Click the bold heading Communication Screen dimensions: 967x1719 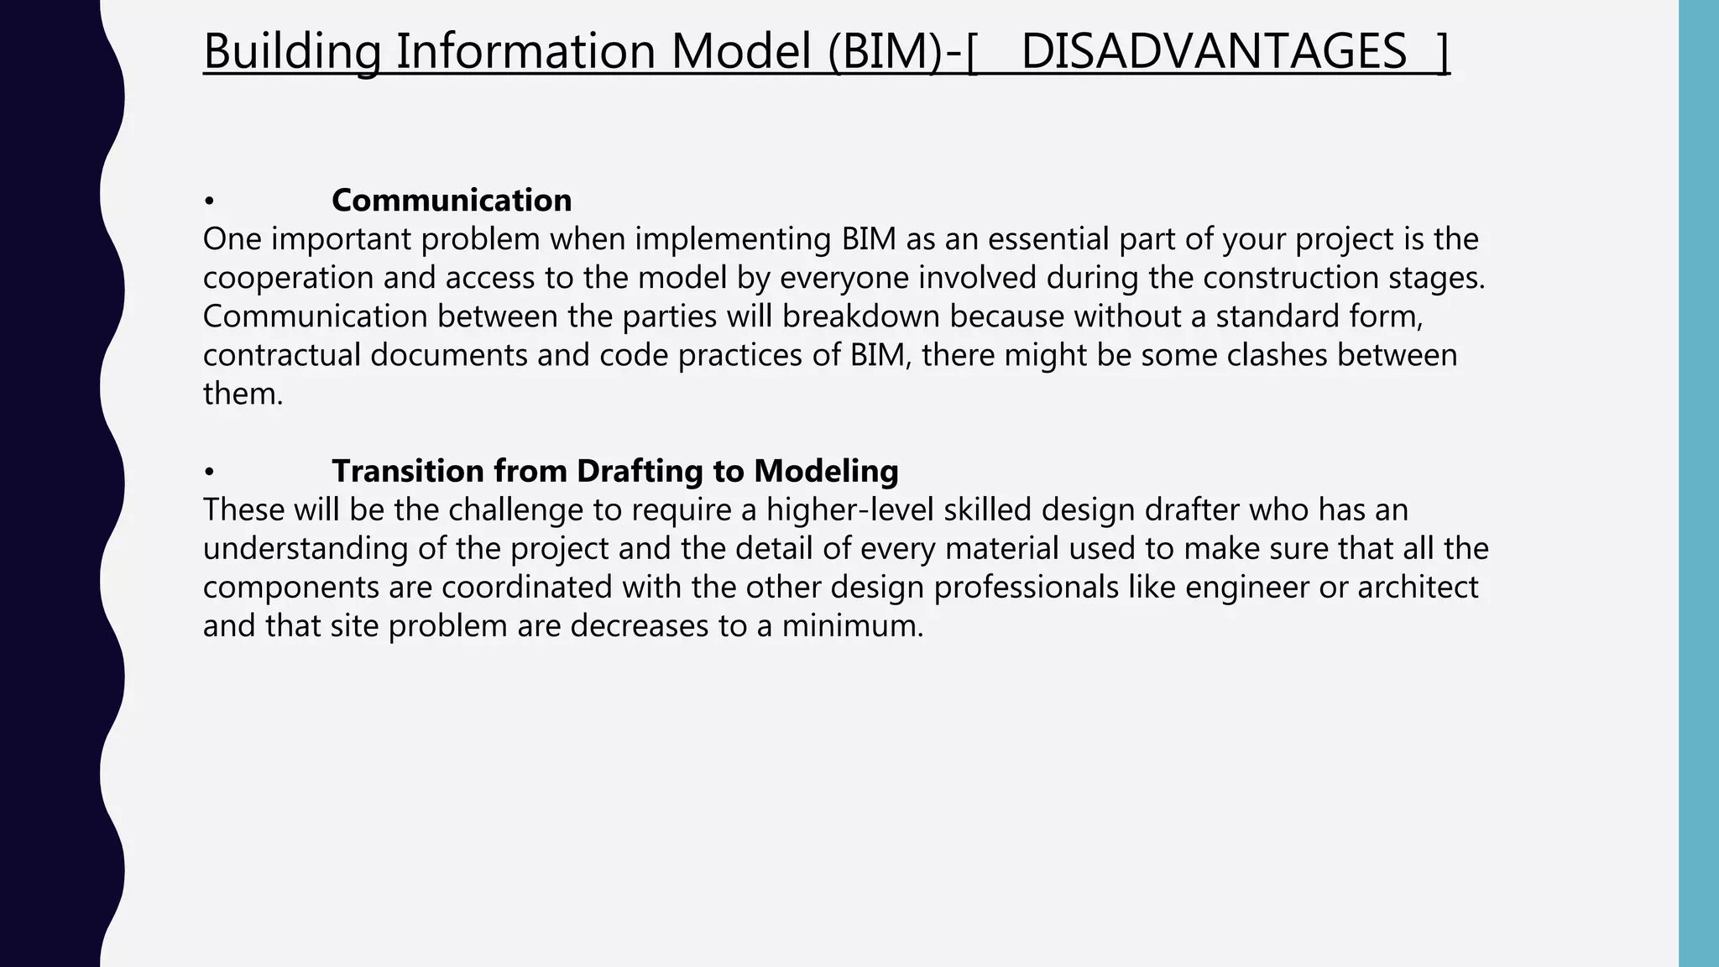[x=452, y=201]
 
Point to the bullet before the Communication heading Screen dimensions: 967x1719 [x=209, y=201]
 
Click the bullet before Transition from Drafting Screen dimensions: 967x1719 [x=209, y=472]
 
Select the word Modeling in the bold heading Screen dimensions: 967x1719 [x=826, y=472]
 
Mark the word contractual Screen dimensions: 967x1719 [x=281, y=355]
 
